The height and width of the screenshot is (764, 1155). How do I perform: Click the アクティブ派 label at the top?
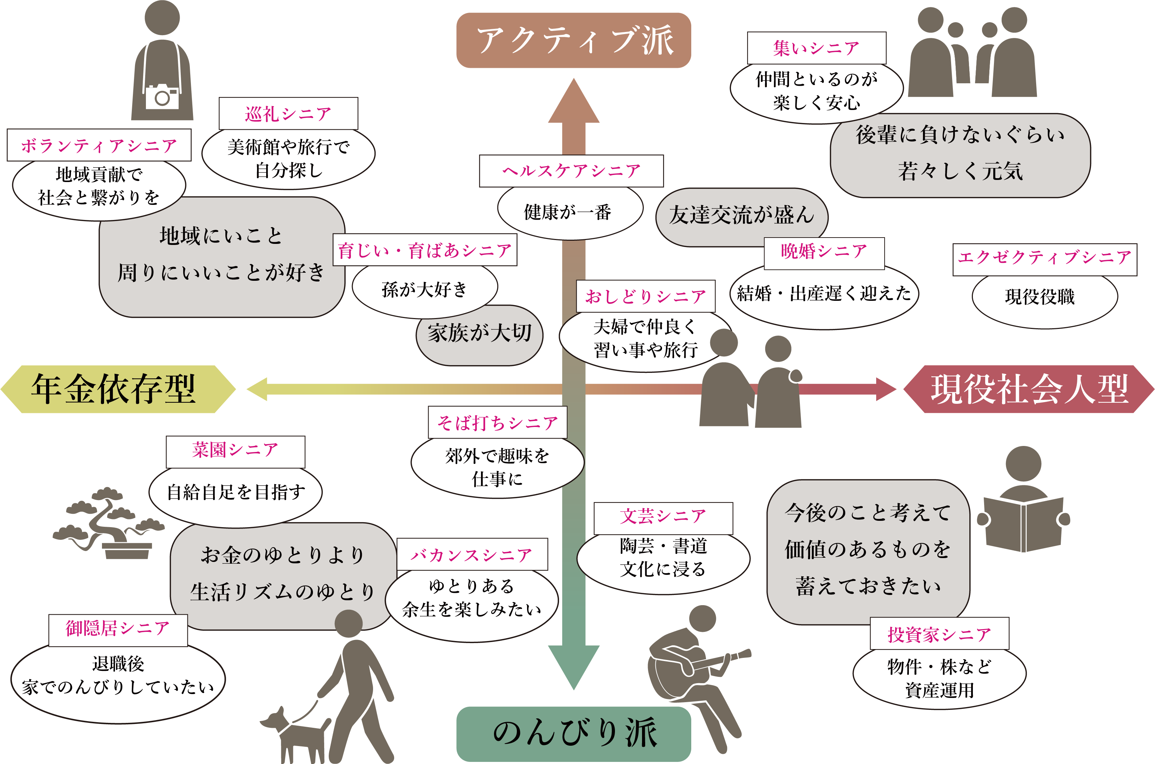[573, 40]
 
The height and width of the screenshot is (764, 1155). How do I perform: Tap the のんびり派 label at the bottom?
[573, 733]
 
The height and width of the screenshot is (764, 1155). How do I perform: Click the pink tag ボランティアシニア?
[99, 145]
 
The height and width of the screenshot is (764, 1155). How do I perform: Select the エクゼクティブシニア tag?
[1044, 257]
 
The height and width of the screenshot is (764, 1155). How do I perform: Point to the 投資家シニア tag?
[939, 634]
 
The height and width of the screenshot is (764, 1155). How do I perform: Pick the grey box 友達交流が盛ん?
[741, 215]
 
